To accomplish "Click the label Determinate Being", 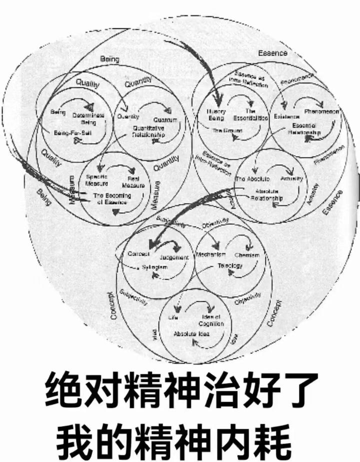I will (90, 118).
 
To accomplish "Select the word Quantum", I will (166, 121).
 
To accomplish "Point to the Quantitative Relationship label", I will (148, 132).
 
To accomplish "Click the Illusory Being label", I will (216, 115).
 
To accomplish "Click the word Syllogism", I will (153, 268).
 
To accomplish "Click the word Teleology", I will (229, 266).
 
